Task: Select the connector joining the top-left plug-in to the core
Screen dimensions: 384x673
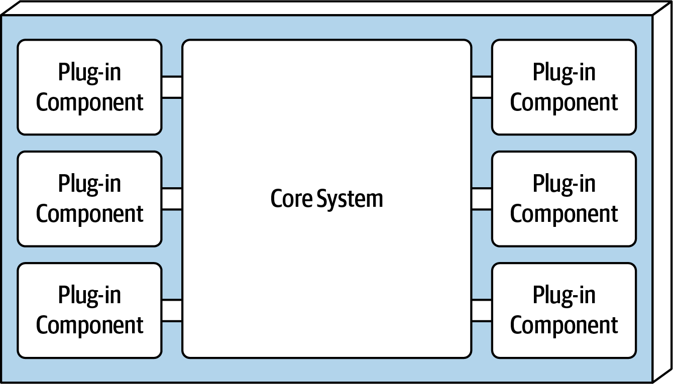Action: pyautogui.click(x=172, y=87)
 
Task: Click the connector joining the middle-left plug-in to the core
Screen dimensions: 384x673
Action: pyautogui.click(x=172, y=199)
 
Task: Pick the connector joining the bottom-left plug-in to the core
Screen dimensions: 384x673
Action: pyautogui.click(x=172, y=310)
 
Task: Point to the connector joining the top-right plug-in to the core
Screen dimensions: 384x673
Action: pyautogui.click(x=482, y=87)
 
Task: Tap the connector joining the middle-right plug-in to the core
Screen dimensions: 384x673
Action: pyautogui.click(x=482, y=199)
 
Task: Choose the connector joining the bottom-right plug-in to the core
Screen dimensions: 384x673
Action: pyautogui.click(x=482, y=310)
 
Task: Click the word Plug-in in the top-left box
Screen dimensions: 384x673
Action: pyautogui.click(x=89, y=73)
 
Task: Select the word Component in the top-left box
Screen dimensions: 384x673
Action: pyautogui.click(x=89, y=103)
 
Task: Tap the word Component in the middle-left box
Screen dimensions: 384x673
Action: pyautogui.click(x=89, y=214)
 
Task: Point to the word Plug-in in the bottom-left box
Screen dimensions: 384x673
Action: pyautogui.click(x=89, y=296)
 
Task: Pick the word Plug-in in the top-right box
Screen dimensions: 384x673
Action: pyautogui.click(x=564, y=73)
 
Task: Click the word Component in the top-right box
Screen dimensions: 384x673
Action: pyautogui.click(x=564, y=103)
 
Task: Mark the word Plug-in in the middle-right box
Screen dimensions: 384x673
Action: pyautogui.click(x=564, y=184)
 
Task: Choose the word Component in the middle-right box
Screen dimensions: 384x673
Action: pyautogui.click(x=564, y=214)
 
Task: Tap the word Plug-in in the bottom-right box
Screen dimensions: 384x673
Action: pyautogui.click(x=564, y=296)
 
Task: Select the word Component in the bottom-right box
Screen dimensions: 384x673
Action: pyautogui.click(x=564, y=326)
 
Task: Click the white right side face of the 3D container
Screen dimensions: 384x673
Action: pyautogui.click(x=662, y=196)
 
